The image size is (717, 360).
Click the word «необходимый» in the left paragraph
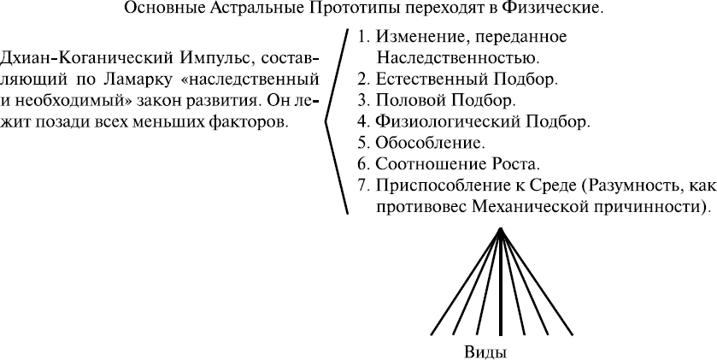[x=69, y=101]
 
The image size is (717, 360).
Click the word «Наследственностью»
[x=457, y=58]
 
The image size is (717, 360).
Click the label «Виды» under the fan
[x=485, y=352]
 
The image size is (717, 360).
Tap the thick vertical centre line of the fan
[x=501, y=282]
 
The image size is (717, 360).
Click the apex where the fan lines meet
[x=501, y=228]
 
